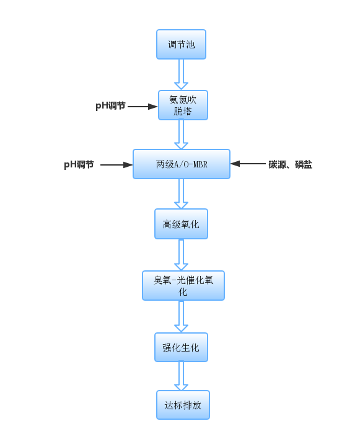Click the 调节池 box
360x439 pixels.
(x=181, y=44)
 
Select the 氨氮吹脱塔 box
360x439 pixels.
(x=183, y=105)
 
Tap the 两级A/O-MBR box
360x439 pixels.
(x=182, y=164)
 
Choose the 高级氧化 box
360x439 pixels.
(x=182, y=224)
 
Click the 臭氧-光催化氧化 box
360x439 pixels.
(x=183, y=286)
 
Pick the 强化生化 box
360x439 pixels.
(x=182, y=347)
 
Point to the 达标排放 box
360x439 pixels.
(x=183, y=405)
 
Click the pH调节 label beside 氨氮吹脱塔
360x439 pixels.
(x=110, y=106)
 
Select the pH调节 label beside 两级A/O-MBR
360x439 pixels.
(x=79, y=164)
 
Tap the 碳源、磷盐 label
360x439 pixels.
(x=291, y=164)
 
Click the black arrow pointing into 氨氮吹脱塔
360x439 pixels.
(x=143, y=107)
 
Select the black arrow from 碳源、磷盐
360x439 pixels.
(x=248, y=164)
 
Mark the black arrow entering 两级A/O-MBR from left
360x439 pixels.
(x=116, y=165)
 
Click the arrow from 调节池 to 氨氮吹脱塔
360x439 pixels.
(x=182, y=74)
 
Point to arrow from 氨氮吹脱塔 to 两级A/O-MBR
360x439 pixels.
(x=182, y=135)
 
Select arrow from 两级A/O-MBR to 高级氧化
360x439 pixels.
(x=182, y=193)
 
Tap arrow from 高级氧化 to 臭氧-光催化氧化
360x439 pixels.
(x=182, y=255)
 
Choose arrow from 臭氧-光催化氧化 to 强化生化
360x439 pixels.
(x=182, y=317)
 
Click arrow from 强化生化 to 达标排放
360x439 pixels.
(x=182, y=376)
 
